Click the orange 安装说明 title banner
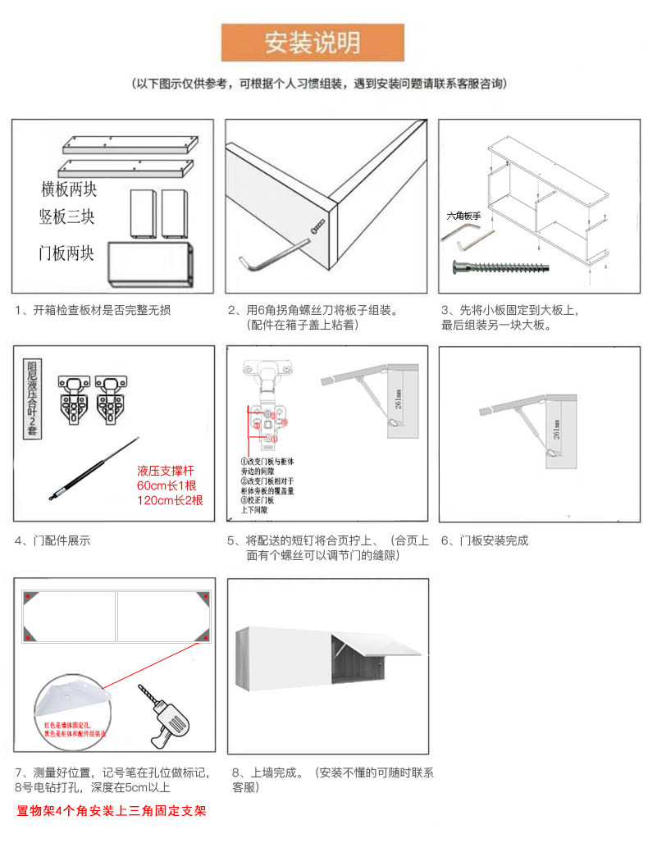coord(313,43)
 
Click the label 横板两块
coord(69,190)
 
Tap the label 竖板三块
coord(67,218)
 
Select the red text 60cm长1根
coord(170,485)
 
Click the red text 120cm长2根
coord(170,500)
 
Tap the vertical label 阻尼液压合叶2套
coord(32,394)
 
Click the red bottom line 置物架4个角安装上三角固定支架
coord(111,812)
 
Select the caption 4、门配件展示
coord(52,540)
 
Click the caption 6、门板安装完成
coord(485,540)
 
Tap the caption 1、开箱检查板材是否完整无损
coord(94,310)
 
